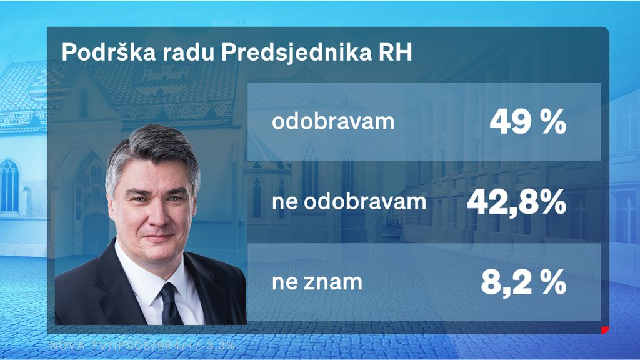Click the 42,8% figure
pyautogui.click(x=516, y=202)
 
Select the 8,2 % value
pyautogui.click(x=523, y=282)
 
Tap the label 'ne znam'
pyautogui.click(x=317, y=282)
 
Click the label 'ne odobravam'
pyautogui.click(x=349, y=202)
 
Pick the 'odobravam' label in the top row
pyautogui.click(x=333, y=121)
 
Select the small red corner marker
pyautogui.click(x=605, y=329)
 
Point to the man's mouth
pyautogui.click(x=159, y=237)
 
